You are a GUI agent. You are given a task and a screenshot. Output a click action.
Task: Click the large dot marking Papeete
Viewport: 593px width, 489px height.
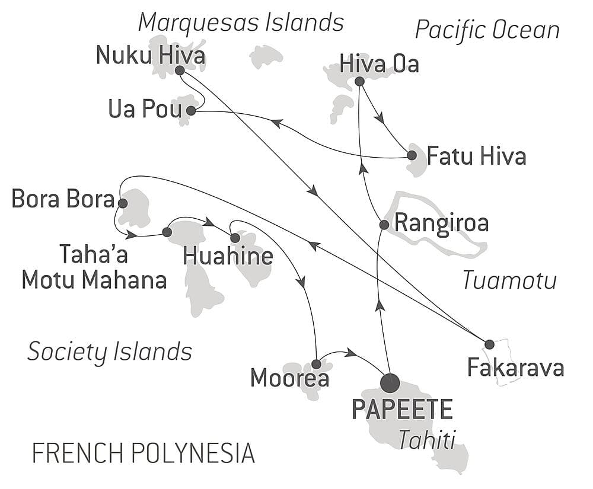(x=390, y=383)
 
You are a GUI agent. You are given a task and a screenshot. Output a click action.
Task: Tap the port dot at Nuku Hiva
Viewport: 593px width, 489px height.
(x=180, y=70)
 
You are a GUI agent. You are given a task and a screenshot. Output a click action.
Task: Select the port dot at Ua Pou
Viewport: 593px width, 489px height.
(x=191, y=111)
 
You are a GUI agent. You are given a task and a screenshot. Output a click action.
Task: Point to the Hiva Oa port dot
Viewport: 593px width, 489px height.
(x=359, y=82)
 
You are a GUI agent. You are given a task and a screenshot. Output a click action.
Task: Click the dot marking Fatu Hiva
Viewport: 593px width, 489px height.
(x=412, y=155)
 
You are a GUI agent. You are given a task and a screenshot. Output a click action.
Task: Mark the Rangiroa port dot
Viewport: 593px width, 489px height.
(x=384, y=225)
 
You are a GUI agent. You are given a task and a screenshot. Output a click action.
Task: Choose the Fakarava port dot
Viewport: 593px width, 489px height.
(x=489, y=344)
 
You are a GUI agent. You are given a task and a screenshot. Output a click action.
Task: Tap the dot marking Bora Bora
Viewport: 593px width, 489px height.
(x=122, y=203)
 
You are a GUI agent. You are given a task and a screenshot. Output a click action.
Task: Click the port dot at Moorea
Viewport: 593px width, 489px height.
(x=316, y=364)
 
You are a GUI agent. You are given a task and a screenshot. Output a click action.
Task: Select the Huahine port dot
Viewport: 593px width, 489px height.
(x=235, y=238)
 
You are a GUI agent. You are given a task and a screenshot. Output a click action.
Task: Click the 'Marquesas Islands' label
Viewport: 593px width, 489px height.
(x=241, y=23)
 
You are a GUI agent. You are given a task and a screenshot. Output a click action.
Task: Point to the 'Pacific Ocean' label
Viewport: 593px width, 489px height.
(x=487, y=30)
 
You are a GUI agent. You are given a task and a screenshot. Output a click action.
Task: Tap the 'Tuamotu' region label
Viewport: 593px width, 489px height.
(x=509, y=280)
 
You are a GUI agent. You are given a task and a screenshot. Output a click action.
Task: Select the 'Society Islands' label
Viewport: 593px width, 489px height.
(x=110, y=351)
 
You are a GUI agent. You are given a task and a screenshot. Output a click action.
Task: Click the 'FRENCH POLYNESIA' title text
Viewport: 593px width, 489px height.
(x=143, y=453)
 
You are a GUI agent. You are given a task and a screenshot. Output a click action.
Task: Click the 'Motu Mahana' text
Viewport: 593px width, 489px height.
(x=94, y=280)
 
